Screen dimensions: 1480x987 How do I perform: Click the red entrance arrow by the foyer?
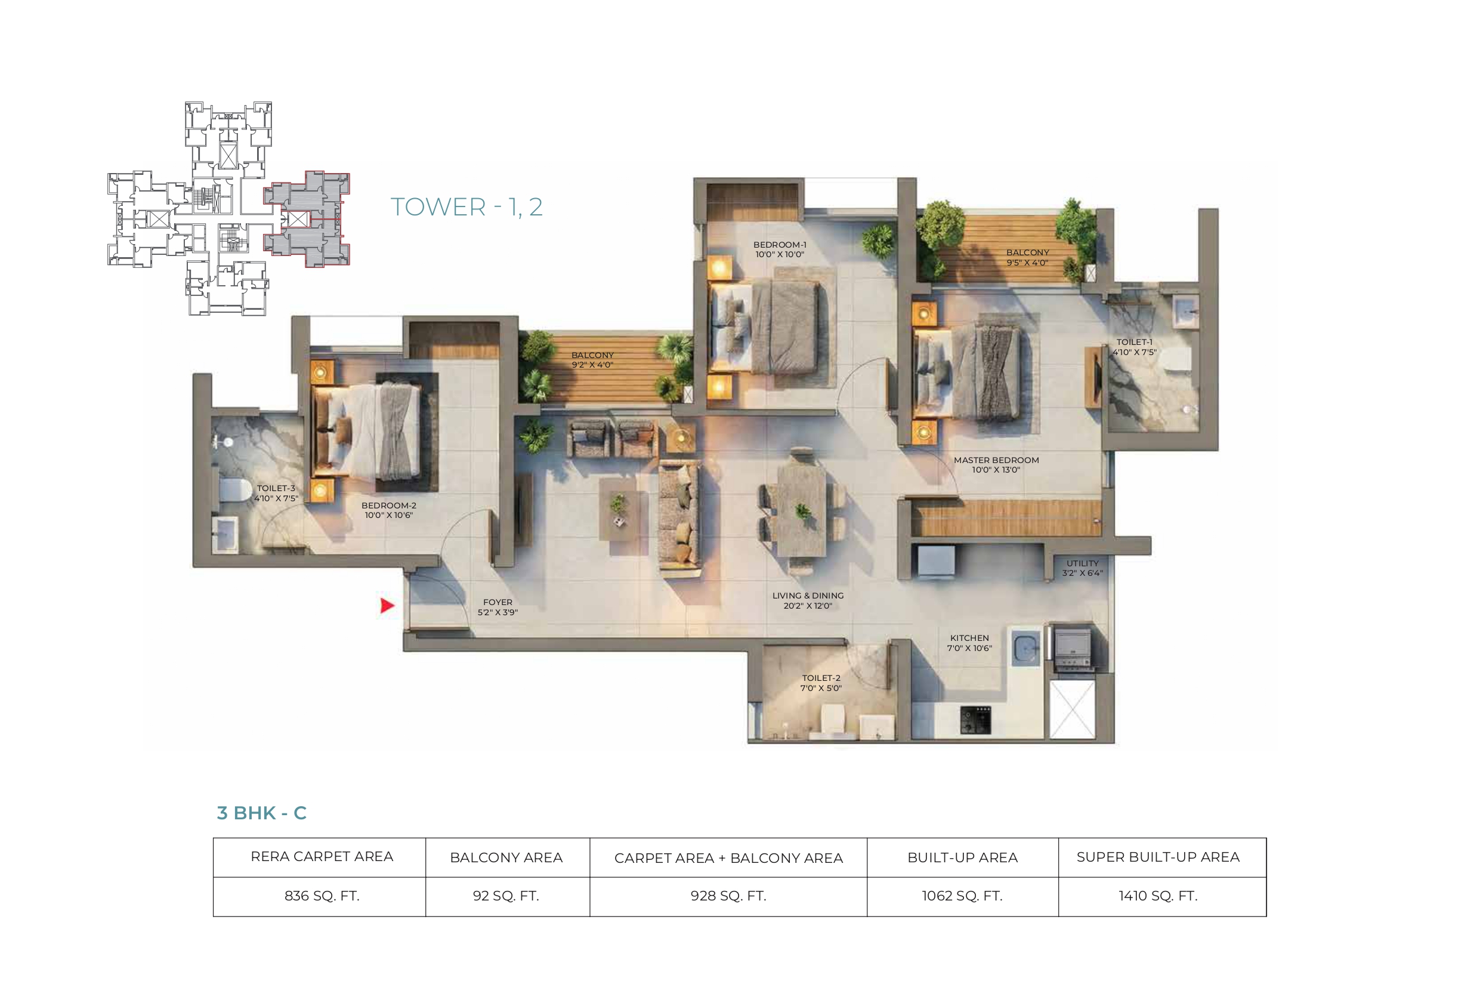click(387, 606)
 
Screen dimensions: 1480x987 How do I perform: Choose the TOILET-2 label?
click(821, 683)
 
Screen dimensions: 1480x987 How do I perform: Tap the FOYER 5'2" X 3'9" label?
click(497, 607)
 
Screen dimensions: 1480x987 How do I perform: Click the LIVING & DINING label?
click(808, 600)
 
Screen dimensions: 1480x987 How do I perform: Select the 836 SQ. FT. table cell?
click(322, 896)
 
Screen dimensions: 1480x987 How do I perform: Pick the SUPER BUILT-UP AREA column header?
click(1158, 857)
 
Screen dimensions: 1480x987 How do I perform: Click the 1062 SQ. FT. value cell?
click(962, 896)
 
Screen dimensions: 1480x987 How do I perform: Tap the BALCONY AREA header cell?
click(506, 858)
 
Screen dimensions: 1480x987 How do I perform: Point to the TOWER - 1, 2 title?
click(466, 206)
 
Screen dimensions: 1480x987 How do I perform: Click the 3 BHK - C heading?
click(262, 813)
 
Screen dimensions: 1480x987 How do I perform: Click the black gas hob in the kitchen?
click(975, 720)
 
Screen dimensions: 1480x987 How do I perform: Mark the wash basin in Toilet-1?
click(1185, 311)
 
